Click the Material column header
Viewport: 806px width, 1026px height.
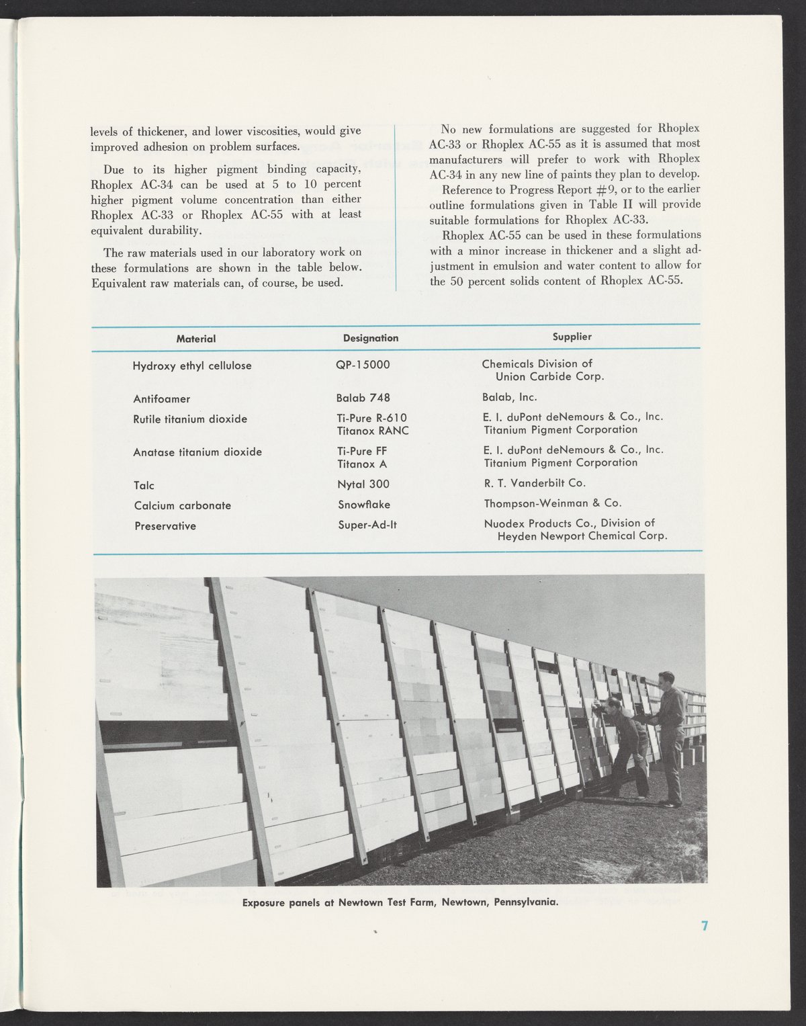195,339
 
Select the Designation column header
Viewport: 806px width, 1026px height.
371,338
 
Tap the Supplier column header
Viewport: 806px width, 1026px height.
572,337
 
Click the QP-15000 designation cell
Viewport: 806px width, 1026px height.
363,365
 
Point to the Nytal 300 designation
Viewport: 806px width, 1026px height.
363,484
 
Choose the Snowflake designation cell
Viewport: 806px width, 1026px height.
364,504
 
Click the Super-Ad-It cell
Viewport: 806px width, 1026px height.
367,525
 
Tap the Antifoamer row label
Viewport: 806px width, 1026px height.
162,398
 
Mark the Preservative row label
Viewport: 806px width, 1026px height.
165,525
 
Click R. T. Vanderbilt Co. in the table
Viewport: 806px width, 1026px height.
535,482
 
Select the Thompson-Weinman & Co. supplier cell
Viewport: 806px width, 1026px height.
552,503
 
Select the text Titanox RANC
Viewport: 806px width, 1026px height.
373,431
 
